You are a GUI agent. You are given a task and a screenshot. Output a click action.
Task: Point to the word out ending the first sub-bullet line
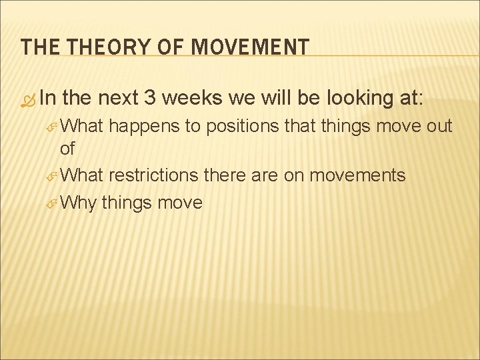coord(437,127)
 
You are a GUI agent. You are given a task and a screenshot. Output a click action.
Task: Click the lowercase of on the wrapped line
coord(67,149)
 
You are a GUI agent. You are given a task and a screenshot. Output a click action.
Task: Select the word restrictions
coord(153,175)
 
